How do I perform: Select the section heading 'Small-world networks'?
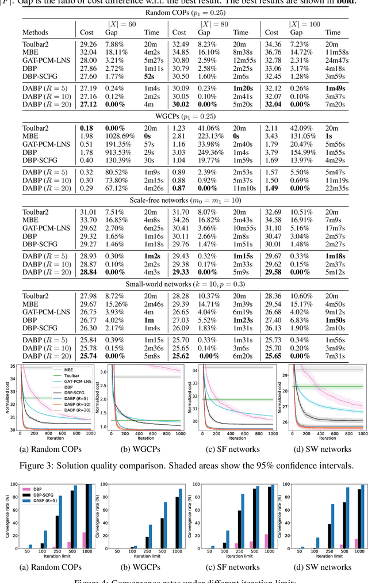(x=184, y=284)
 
